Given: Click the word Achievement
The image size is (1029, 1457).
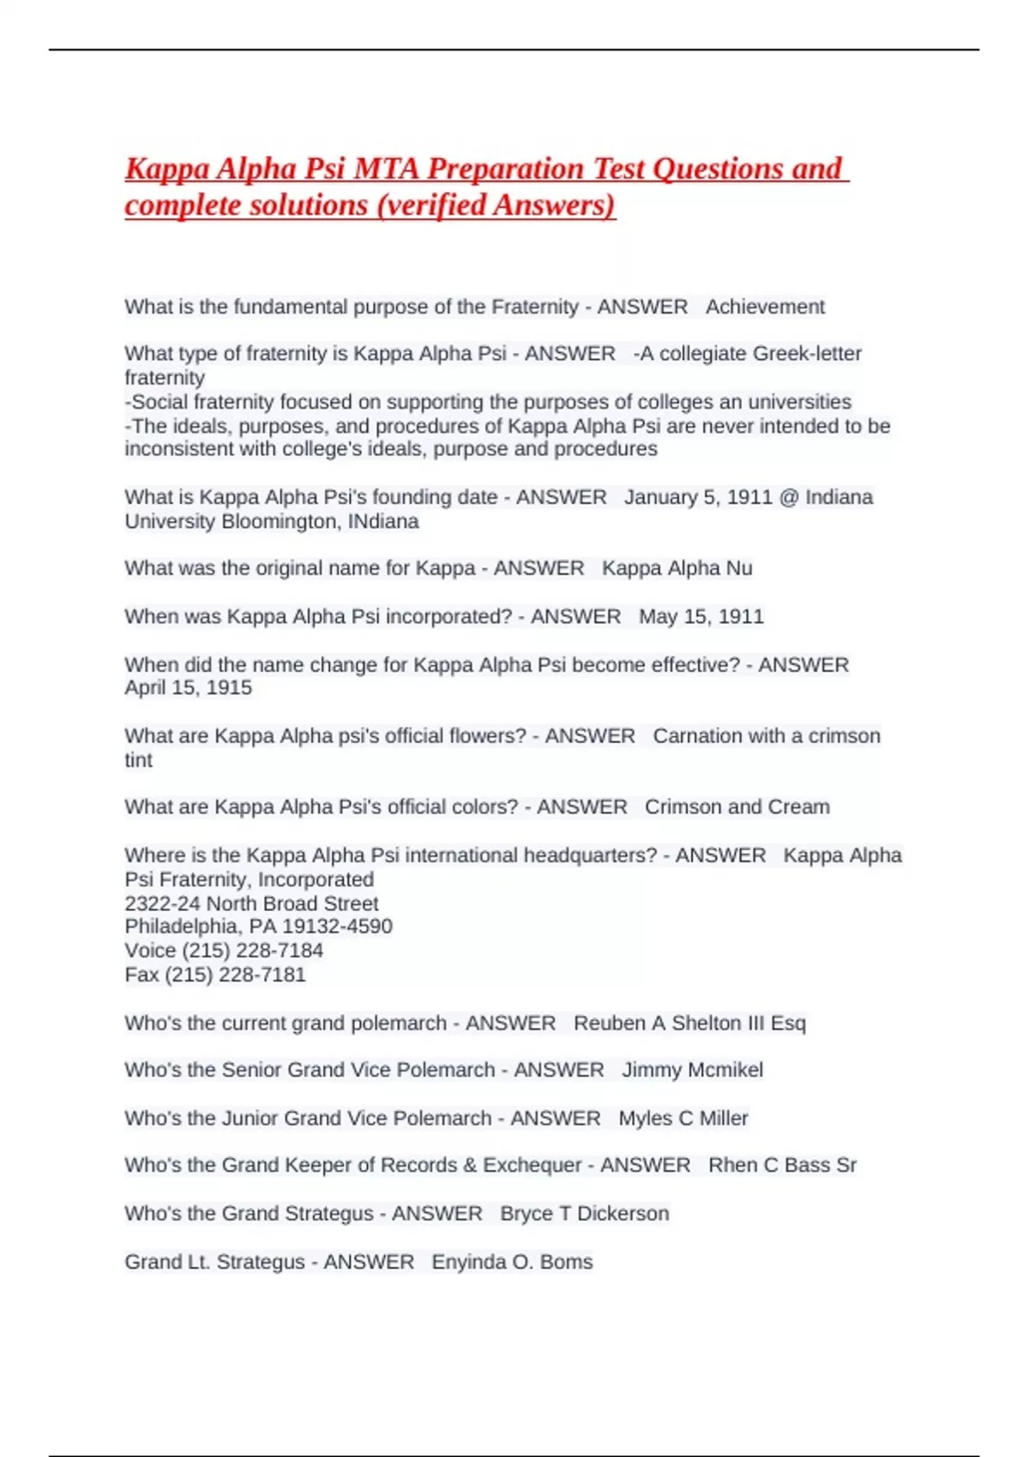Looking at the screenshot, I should [x=765, y=307].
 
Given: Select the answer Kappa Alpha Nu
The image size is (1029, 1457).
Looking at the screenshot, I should [x=677, y=568].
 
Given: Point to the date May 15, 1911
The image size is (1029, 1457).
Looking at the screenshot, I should [x=701, y=616].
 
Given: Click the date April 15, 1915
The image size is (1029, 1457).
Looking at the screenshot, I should [x=188, y=687].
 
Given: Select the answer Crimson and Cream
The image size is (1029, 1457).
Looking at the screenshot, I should [x=737, y=806].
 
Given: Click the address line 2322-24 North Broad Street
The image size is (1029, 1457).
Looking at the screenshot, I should [x=251, y=903].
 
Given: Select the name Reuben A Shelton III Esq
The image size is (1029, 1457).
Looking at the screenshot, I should [x=689, y=1022].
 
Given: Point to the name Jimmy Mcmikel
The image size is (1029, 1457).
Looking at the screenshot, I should [x=692, y=1070].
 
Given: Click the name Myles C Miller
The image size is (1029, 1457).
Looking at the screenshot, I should [x=683, y=1118].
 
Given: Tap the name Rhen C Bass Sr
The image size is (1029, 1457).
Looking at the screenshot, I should [x=782, y=1165].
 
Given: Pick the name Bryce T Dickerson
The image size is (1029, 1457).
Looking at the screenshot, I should [x=584, y=1214].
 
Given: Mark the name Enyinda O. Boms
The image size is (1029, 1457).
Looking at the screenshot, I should [x=512, y=1262].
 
